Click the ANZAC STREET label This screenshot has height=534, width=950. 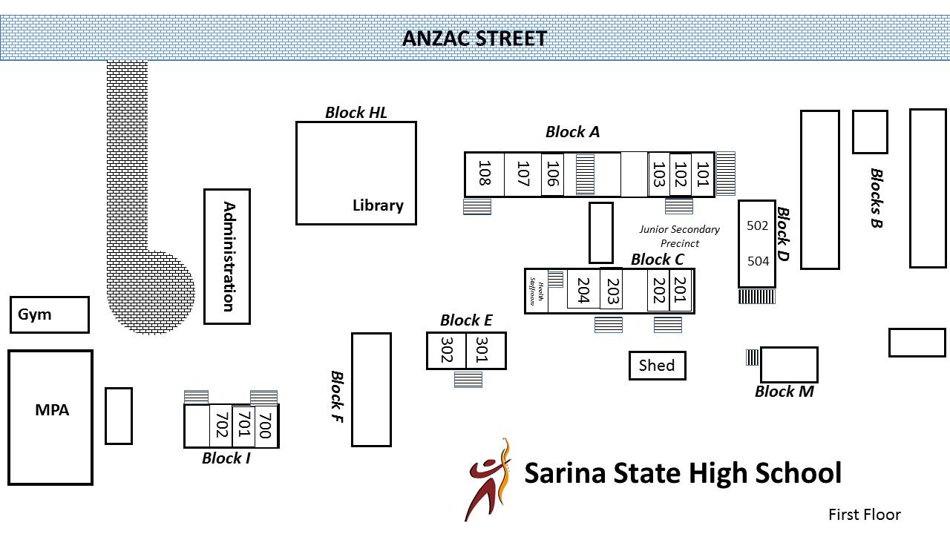click(x=474, y=38)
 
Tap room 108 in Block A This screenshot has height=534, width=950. click(x=484, y=174)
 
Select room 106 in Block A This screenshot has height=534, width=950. click(x=551, y=174)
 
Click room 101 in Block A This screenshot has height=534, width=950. click(x=702, y=174)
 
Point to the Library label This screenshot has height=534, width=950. click(x=378, y=205)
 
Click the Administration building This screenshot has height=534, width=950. click(x=227, y=257)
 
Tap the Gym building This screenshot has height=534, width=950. click(x=49, y=314)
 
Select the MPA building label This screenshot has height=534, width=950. click(x=52, y=409)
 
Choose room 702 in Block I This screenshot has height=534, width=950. click(x=220, y=426)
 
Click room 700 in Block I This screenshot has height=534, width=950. click(x=266, y=426)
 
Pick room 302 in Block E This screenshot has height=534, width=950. click(x=446, y=350)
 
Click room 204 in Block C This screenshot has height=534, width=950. click(x=583, y=291)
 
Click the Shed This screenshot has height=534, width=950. click(x=657, y=365)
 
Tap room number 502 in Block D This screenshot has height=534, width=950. click(x=757, y=225)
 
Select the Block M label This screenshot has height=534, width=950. click(x=784, y=392)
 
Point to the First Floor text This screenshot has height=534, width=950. click(x=864, y=515)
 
